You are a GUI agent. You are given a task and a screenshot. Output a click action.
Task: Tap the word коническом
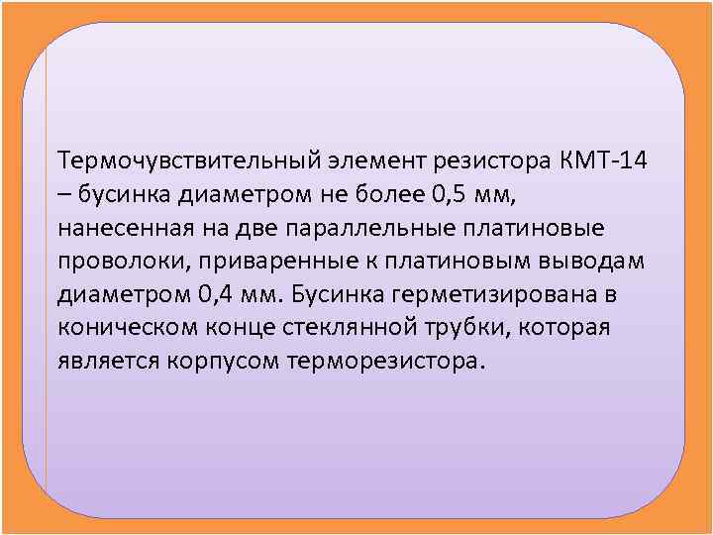(x=117, y=328)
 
